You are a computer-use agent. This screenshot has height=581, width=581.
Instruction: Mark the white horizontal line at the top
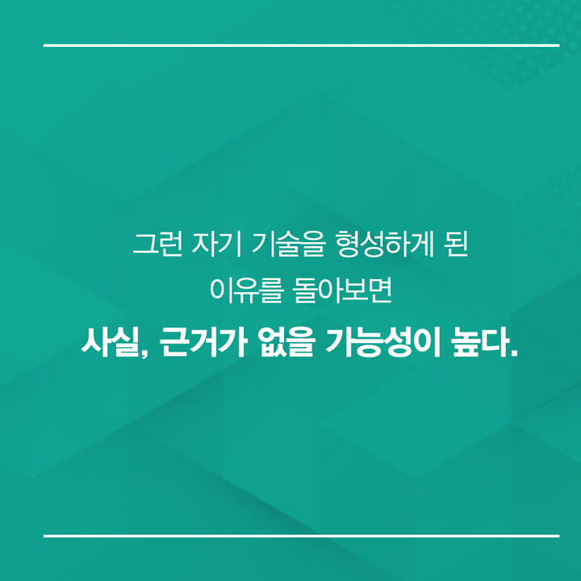pyautogui.click(x=301, y=45)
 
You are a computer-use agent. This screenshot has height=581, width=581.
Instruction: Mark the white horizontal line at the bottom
pyautogui.click(x=301, y=535)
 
